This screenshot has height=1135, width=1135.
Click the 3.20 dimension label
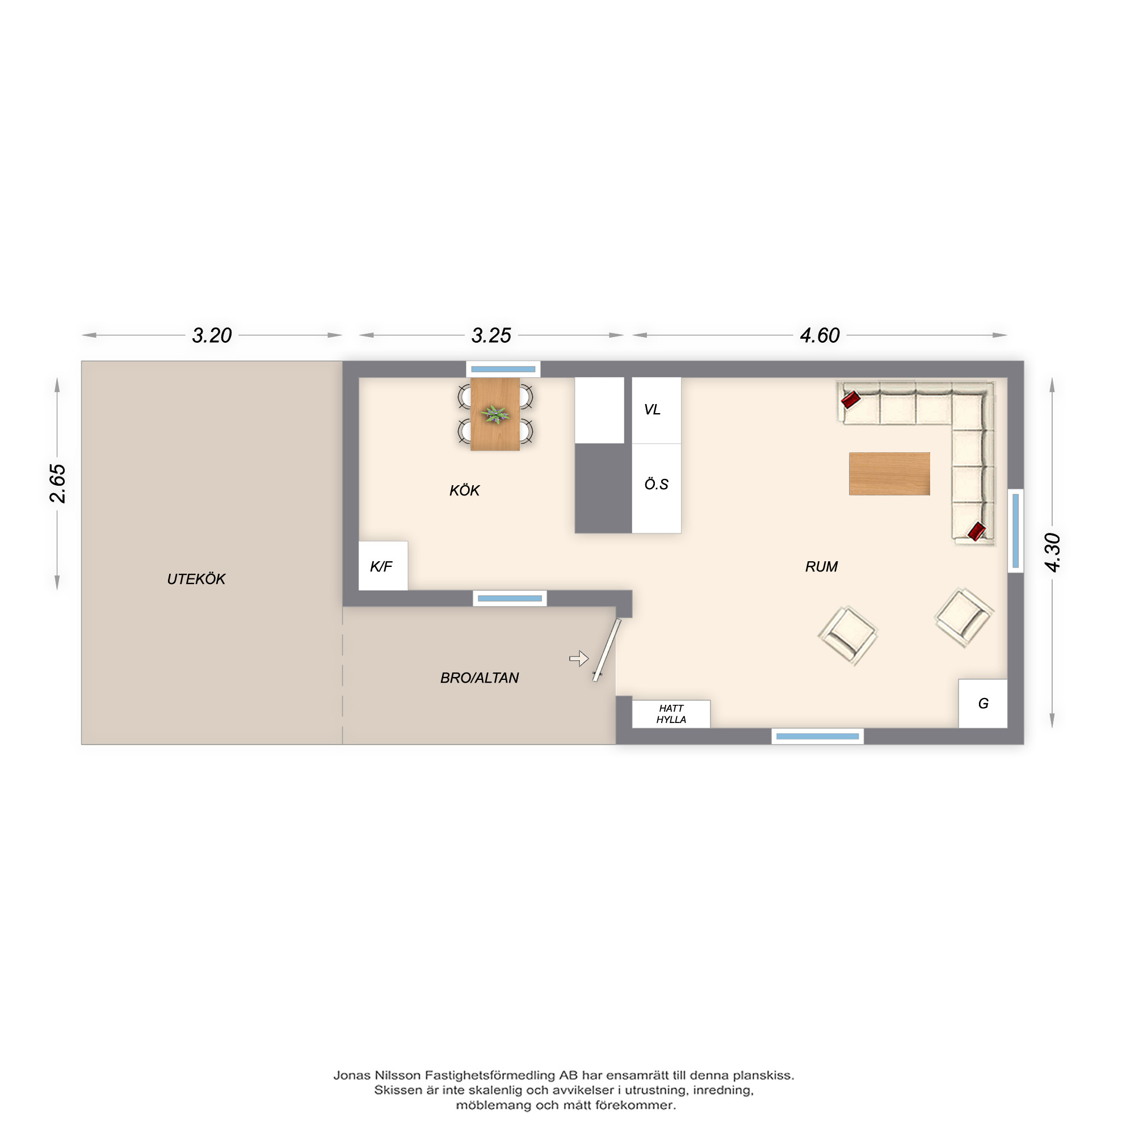coord(212,335)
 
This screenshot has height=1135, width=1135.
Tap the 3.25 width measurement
coord(491,335)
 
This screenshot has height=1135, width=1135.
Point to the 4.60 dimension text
coord(819,335)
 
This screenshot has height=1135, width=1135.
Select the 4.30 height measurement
coord(1052,552)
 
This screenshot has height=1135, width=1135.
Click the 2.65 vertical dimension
coord(57,483)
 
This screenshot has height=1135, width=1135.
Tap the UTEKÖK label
coord(196,579)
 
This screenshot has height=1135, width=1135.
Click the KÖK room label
coord(464,490)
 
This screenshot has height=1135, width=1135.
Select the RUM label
coord(821,566)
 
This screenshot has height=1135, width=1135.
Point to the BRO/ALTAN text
coord(480,678)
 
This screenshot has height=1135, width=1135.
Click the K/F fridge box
coord(383,566)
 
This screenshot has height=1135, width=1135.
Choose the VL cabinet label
coord(652,410)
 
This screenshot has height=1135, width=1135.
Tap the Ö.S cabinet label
coord(656,484)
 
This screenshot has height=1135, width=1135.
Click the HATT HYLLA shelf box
coord(671,714)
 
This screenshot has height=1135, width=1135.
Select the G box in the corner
coord(983,703)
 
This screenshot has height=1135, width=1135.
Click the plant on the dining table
coord(495,414)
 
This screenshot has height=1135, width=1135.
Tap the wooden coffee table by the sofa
coord(889,473)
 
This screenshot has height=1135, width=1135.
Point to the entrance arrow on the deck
coord(579,658)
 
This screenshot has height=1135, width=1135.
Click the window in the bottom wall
coord(817,736)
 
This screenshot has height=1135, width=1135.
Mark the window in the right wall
coord(1016,531)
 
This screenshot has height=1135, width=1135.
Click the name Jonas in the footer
coord(352,1075)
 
